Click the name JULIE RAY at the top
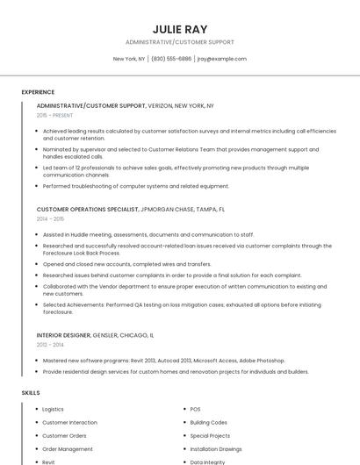(x=180, y=29)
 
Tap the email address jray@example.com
(x=221, y=59)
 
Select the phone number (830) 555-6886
(x=171, y=59)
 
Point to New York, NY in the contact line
(x=129, y=59)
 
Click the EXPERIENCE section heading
(x=38, y=92)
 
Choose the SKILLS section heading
(x=31, y=392)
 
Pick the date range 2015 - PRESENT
(x=55, y=115)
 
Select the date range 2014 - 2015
(x=50, y=219)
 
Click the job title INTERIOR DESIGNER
(x=64, y=335)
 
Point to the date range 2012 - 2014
(x=50, y=345)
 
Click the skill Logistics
(x=53, y=409)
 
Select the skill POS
(x=195, y=409)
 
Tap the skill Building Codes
(x=208, y=422)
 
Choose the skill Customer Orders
(x=64, y=435)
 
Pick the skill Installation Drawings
(x=215, y=448)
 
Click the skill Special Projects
(x=210, y=435)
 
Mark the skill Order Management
(x=67, y=448)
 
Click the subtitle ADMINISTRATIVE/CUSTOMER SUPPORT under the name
(x=180, y=42)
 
